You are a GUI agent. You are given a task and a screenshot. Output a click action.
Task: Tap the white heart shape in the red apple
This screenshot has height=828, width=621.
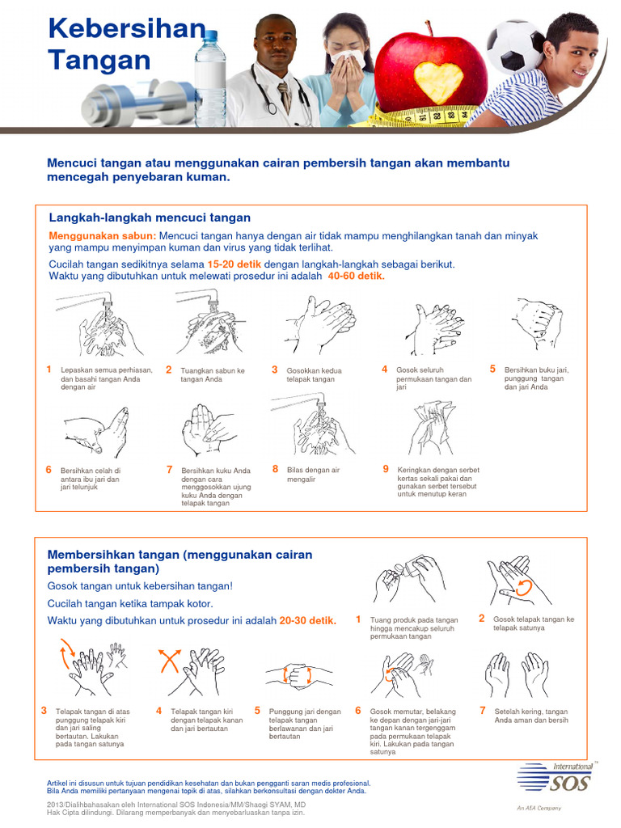pyautogui.click(x=438, y=82)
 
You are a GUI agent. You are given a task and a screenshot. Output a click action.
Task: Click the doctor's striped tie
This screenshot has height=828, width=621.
pyautogui.click(x=284, y=95)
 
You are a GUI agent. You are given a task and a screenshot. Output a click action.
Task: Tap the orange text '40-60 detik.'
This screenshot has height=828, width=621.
pyautogui.click(x=357, y=276)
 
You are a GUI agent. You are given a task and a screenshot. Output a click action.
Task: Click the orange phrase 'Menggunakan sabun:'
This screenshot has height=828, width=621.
pyautogui.click(x=102, y=235)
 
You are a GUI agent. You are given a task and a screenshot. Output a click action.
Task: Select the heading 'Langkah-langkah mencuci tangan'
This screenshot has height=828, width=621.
pyautogui.click(x=150, y=218)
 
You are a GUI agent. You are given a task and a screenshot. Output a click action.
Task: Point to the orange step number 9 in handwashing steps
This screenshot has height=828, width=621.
pyautogui.click(x=386, y=468)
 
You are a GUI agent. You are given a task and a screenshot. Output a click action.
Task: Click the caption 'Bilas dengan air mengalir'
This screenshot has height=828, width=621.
pyautogui.click(x=313, y=474)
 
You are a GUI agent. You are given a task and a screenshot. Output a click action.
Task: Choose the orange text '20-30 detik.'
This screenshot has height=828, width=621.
pyautogui.click(x=307, y=620)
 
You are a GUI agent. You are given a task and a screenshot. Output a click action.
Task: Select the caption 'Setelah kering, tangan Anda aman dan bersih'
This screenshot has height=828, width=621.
pyautogui.click(x=530, y=716)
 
